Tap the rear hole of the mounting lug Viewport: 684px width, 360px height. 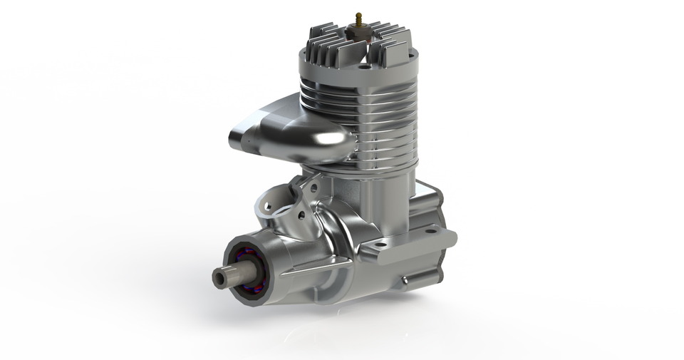tap(430, 230)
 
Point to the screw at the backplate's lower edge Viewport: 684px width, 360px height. tap(406, 280)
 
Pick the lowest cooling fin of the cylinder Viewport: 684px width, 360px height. tap(370, 165)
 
